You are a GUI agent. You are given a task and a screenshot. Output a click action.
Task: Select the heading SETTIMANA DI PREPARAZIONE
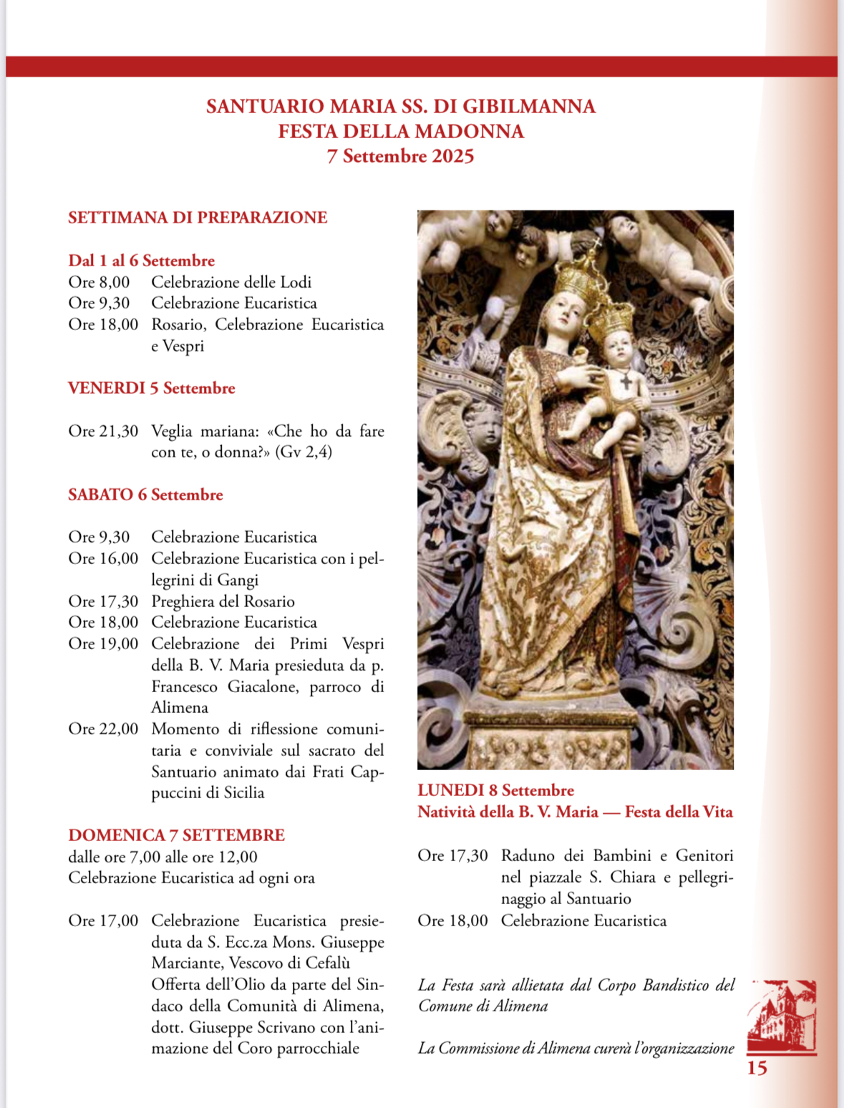click(198, 218)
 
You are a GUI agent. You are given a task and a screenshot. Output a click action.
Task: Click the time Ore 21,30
click(103, 431)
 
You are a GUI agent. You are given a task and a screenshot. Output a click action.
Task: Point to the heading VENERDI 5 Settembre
click(152, 388)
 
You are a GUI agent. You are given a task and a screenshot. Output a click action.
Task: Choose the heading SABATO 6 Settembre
click(145, 495)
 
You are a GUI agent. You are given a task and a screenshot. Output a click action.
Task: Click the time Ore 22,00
click(103, 729)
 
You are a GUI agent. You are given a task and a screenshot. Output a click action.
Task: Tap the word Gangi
click(237, 580)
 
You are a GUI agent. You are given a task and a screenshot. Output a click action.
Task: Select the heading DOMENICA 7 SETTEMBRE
click(176, 835)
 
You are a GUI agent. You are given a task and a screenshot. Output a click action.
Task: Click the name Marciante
click(187, 963)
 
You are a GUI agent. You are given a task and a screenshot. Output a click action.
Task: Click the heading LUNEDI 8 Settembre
click(495, 790)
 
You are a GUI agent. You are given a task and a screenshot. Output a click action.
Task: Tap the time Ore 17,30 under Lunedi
click(452, 855)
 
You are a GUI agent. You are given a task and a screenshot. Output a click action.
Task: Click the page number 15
click(757, 1069)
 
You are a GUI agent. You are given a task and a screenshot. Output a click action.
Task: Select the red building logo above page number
click(781, 1016)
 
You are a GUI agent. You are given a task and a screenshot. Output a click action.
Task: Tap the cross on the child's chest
click(626, 382)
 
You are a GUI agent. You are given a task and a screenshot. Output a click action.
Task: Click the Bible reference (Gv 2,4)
click(304, 452)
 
